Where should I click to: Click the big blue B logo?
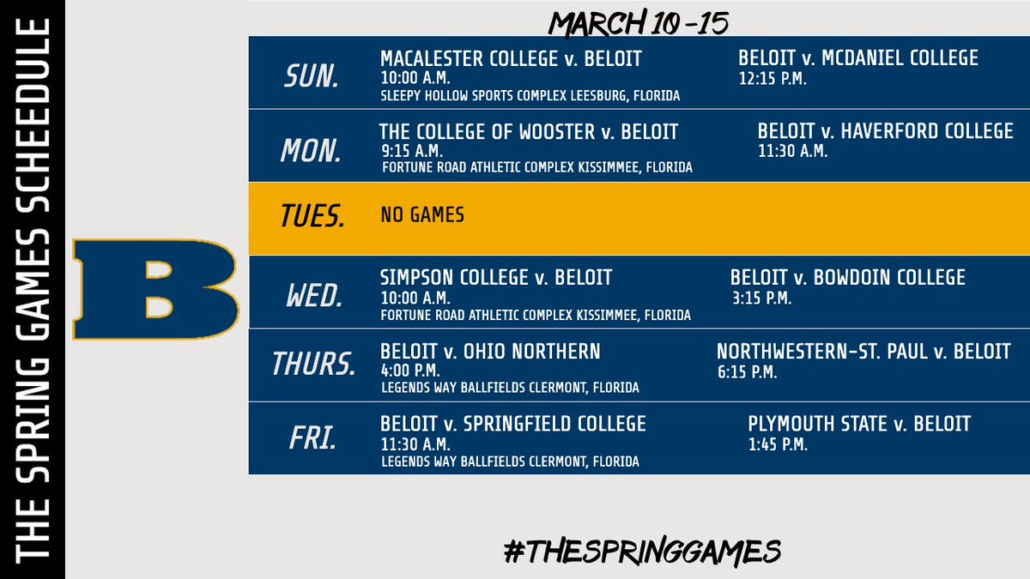pos(155,290)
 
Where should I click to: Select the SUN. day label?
pos(312,76)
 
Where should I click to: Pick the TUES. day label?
pos(313,218)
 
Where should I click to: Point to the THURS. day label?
pos(313,365)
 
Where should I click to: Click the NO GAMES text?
pos(422,214)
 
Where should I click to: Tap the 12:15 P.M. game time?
pos(772,78)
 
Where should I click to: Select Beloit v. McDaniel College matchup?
pos(857,58)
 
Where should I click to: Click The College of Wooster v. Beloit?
pos(529,132)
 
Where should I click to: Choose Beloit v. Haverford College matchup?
pos(885,132)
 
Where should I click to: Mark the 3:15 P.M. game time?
pos(760,299)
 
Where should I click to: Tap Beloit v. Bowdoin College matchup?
pos(847,278)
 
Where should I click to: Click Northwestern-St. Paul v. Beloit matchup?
pos(863,352)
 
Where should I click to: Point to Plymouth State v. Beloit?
pos(859,424)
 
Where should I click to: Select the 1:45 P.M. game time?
pos(778,444)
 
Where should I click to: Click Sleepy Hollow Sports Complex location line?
pos(530,96)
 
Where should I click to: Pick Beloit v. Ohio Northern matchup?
pos(490,352)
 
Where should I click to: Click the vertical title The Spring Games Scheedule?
pos(32,290)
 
